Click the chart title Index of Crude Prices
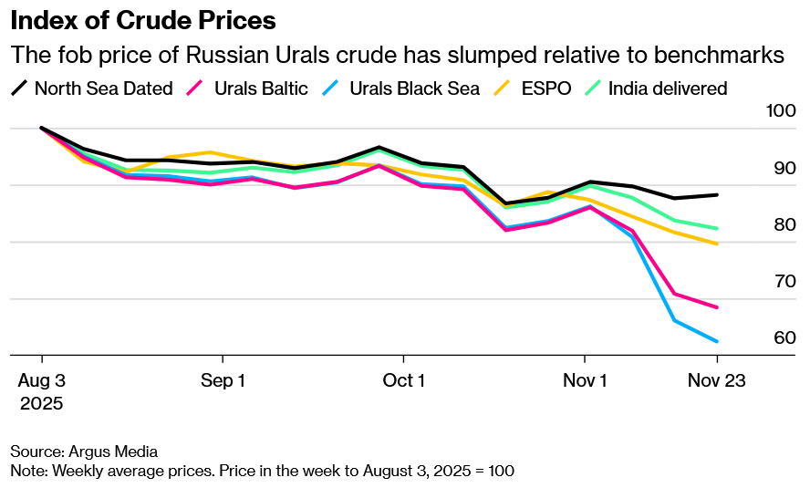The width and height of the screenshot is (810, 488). pos(143,20)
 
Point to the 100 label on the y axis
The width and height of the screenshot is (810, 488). pos(757,111)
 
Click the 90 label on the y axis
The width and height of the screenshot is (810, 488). pos(760,168)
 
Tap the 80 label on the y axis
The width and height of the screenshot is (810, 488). pos(760,224)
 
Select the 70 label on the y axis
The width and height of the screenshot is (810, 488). pos(760,281)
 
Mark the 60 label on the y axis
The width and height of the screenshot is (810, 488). pos(760,337)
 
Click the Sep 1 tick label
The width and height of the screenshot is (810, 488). pos(223,380)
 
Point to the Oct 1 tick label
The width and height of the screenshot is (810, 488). pos(404,380)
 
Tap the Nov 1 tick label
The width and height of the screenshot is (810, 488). pos(585,380)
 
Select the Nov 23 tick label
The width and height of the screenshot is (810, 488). pos(717,380)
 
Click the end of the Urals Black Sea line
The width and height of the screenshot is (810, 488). pos(717,341)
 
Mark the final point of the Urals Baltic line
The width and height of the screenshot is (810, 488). pos(717,307)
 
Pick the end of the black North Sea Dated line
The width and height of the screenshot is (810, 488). pos(717,195)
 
